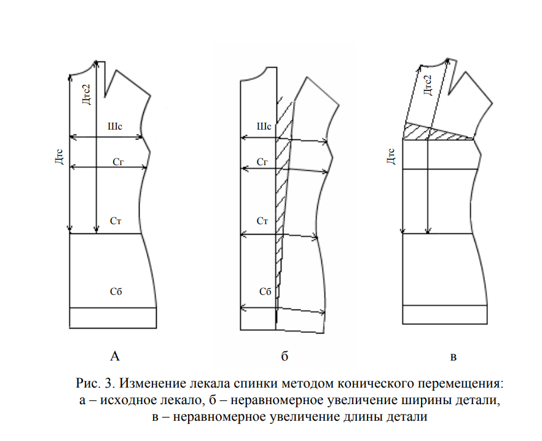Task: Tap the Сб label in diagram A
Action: [116, 291]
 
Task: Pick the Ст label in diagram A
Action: [116, 220]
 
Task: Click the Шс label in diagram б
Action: [263, 128]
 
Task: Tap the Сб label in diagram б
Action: [265, 291]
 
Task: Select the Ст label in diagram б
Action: [262, 221]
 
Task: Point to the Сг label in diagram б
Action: [262, 162]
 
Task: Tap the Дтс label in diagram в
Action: [390, 157]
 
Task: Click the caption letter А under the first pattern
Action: [114, 355]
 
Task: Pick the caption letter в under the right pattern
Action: [454, 356]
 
